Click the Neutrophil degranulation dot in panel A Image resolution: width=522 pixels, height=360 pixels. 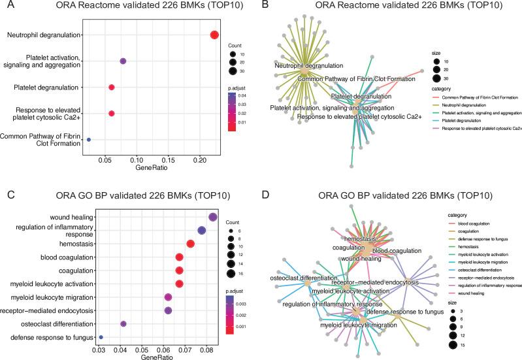click(214, 35)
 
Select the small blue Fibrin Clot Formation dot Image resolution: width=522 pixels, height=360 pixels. click(89, 139)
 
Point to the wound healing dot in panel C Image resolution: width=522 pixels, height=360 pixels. click(212, 217)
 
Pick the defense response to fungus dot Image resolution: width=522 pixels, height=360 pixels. click(101, 337)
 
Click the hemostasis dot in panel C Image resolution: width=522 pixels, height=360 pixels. click(191, 244)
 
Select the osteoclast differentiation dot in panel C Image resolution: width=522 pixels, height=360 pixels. click(123, 323)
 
